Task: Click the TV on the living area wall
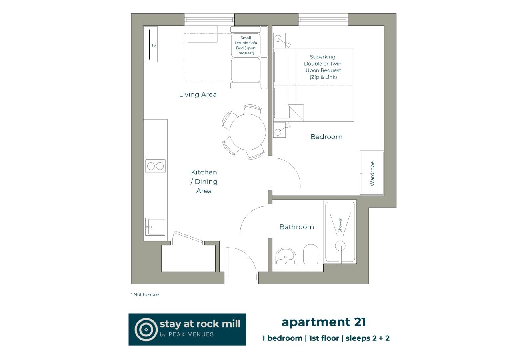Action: pyautogui.click(x=150, y=44)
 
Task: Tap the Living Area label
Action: pyautogui.click(x=198, y=95)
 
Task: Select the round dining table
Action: pyautogui.click(x=248, y=132)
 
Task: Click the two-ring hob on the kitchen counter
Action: pyautogui.click(x=155, y=166)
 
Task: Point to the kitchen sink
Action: pyautogui.click(x=155, y=227)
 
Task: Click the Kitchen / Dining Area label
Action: pyautogui.click(x=204, y=182)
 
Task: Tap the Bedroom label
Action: pyautogui.click(x=326, y=137)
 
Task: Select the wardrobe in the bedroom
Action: pyautogui.click(x=372, y=173)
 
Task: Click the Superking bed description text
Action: pyautogui.click(x=323, y=67)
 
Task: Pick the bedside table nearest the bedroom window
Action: pyautogui.click(x=279, y=41)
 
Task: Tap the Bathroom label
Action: pyautogui.click(x=296, y=227)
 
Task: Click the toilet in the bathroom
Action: pyautogui.click(x=310, y=254)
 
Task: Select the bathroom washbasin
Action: pyautogui.click(x=286, y=256)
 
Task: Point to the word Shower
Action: pyautogui.click(x=340, y=225)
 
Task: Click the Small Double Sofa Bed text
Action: pyautogui.click(x=246, y=45)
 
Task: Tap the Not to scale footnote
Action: pyautogui.click(x=145, y=294)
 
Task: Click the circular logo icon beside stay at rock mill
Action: pyautogui.click(x=146, y=329)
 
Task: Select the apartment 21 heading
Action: pyautogui.click(x=324, y=322)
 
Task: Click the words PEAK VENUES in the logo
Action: pyautogui.click(x=192, y=334)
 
